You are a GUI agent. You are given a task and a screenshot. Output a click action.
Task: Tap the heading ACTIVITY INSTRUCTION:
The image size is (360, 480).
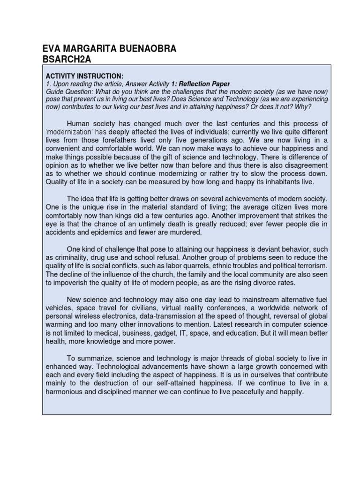tap(84, 76)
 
